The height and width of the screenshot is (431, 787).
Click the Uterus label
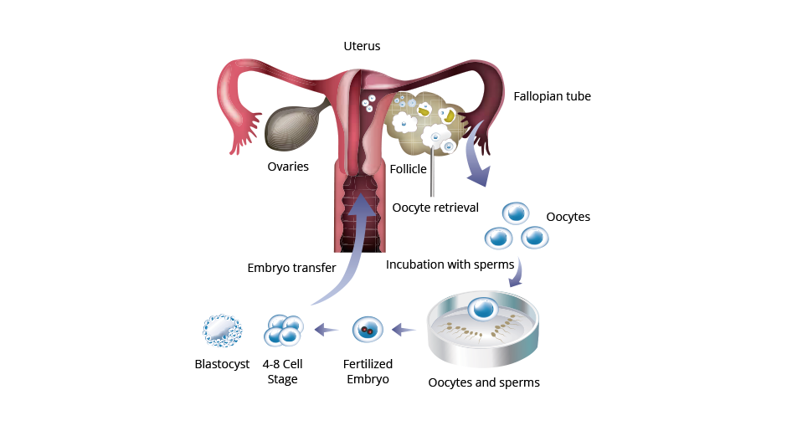click(x=362, y=46)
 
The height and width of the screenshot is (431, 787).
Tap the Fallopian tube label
click(x=552, y=96)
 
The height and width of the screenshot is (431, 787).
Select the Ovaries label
click(x=288, y=167)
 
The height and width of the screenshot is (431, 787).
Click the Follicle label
click(x=408, y=169)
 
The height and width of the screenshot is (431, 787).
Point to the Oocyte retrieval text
click(x=435, y=208)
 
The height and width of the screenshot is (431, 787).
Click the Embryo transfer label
click(x=291, y=268)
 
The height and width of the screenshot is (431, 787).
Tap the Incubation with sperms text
click(x=450, y=264)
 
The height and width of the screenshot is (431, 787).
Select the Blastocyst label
click(x=222, y=364)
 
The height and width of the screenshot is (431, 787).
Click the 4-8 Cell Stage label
click(x=283, y=372)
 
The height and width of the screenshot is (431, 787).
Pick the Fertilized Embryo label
click(x=368, y=372)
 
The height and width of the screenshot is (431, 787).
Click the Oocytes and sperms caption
click(x=484, y=382)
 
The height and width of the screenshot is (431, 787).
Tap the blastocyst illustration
click(x=223, y=331)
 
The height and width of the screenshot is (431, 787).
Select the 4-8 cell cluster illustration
click(x=284, y=330)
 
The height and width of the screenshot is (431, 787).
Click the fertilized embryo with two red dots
click(x=368, y=330)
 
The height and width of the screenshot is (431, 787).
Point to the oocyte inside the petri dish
click(x=483, y=308)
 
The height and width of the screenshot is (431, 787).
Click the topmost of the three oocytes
click(x=516, y=213)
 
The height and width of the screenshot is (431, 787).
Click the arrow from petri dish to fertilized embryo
click(x=404, y=330)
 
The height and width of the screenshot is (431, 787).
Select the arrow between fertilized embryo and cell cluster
click(x=327, y=330)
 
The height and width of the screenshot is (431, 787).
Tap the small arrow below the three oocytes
click(x=518, y=274)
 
